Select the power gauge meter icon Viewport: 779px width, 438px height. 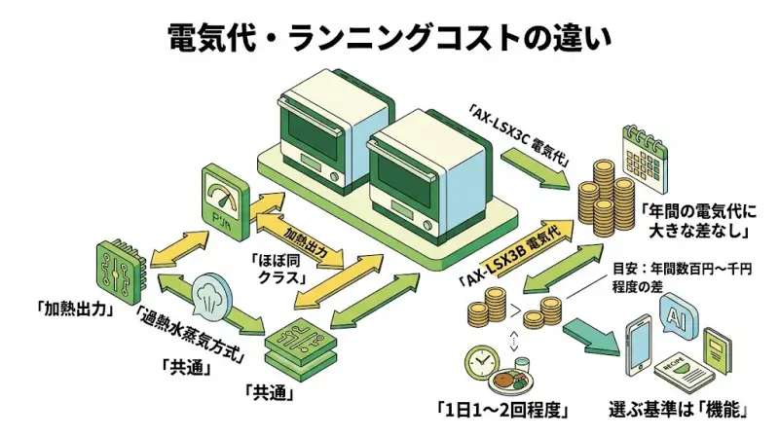pyautogui.click(x=222, y=190)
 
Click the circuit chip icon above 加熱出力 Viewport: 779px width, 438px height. pyautogui.click(x=120, y=264)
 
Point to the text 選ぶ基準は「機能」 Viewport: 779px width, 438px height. pyautogui.click(x=679, y=411)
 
